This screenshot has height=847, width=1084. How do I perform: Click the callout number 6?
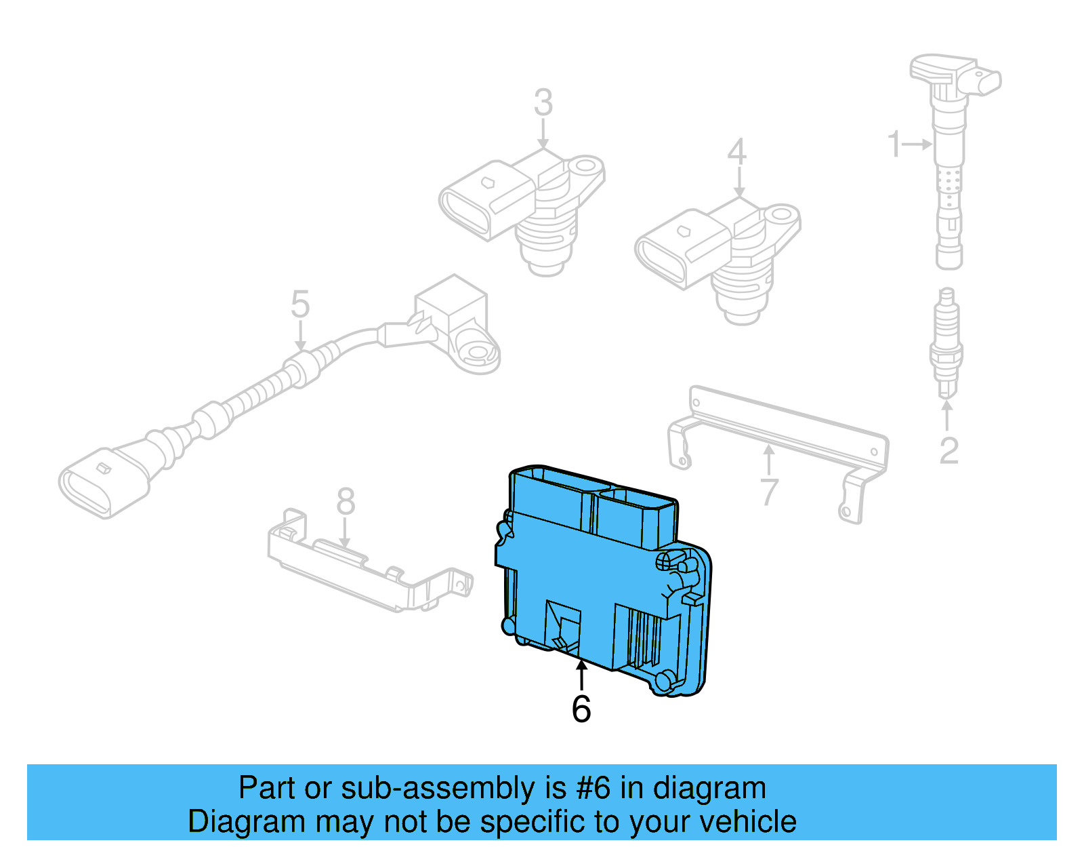581,709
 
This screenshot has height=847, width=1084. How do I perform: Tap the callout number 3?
543,103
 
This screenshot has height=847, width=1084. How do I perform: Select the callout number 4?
737,152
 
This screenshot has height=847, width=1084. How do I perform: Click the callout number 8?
346,503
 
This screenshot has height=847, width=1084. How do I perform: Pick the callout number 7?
769,492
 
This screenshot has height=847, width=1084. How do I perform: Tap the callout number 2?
949,451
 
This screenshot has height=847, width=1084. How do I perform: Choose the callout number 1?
894,144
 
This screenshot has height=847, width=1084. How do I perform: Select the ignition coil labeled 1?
948,163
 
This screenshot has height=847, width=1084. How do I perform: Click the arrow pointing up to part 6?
581,675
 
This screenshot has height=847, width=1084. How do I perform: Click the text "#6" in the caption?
593,789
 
